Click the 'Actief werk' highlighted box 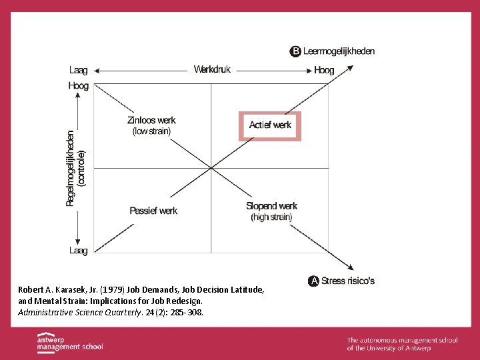click(x=270, y=125)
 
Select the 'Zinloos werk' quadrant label click(x=151, y=121)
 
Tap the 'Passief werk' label click(x=153, y=211)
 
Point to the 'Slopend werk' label click(x=271, y=206)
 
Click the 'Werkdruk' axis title click(x=212, y=69)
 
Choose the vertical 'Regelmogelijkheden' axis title click(x=71, y=167)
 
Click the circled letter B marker click(x=295, y=51)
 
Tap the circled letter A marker click(x=313, y=281)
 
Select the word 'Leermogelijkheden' click(x=339, y=51)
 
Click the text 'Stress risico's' click(x=348, y=281)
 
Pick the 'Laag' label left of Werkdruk click(x=79, y=70)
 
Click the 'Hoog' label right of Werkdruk click(x=324, y=70)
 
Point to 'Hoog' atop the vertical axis click(x=78, y=86)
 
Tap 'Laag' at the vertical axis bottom click(x=78, y=251)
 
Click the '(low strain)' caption click(x=152, y=131)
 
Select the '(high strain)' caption click(x=271, y=217)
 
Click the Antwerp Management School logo click(x=69, y=341)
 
